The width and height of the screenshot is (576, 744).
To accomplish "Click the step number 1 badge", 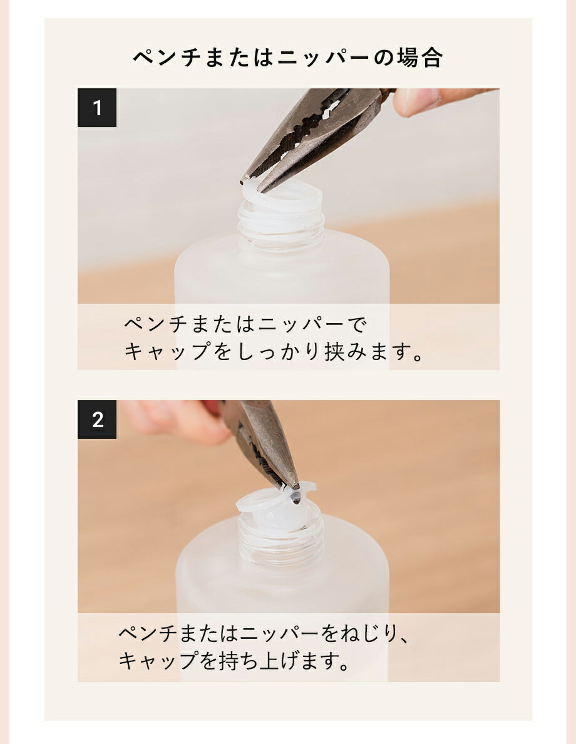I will [x=97, y=108].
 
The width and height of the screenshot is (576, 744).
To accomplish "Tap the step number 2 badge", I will [x=97, y=420].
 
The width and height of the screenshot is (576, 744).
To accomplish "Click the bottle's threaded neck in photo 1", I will [x=282, y=229].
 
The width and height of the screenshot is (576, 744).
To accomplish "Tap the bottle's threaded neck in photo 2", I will [x=282, y=542].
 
